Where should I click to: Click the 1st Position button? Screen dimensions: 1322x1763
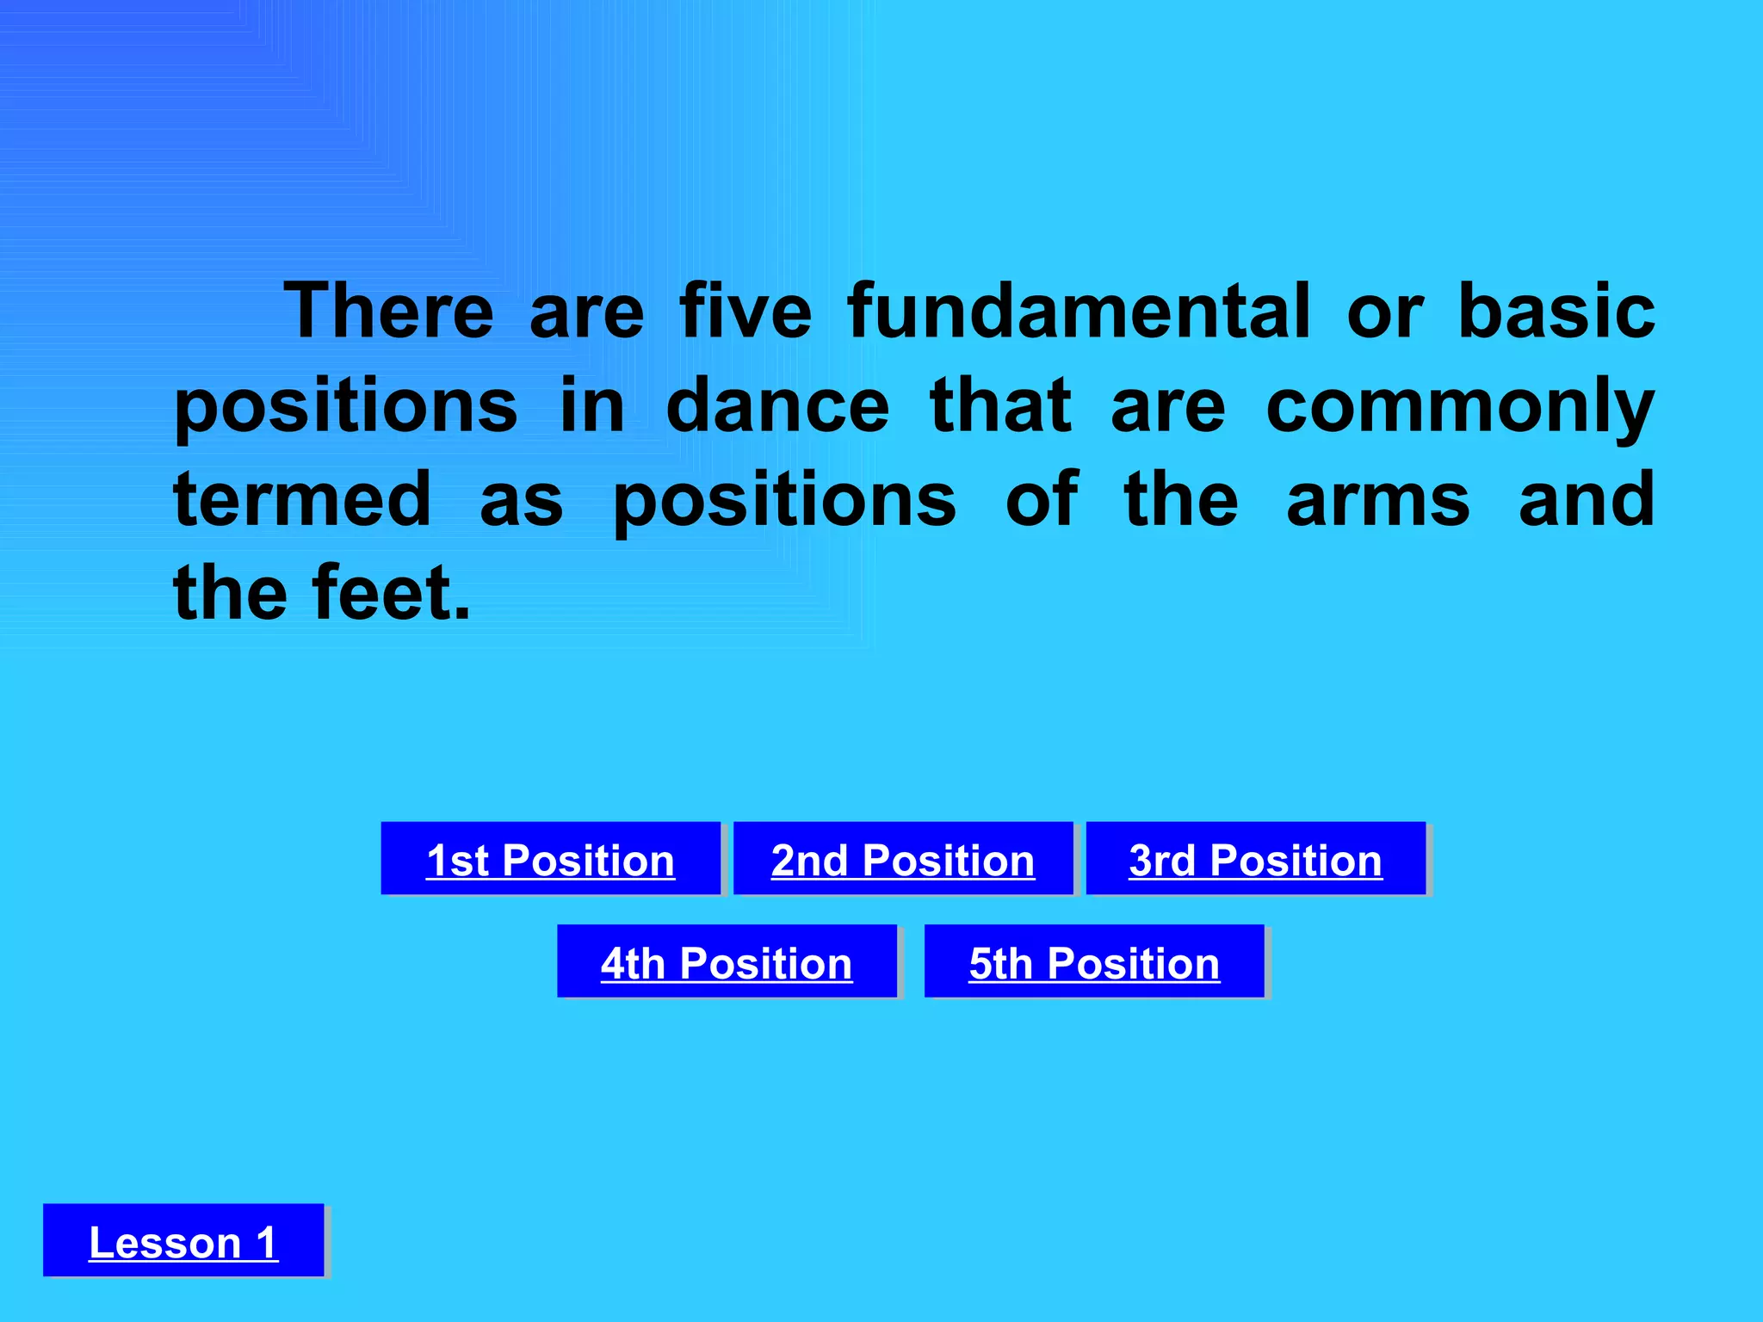tap(550, 859)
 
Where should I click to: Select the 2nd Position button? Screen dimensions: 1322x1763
tap(902, 859)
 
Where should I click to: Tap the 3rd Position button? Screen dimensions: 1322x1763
tap(1255, 859)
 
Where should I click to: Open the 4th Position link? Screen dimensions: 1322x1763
tap(726, 962)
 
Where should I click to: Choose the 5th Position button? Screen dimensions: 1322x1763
tap(1093, 962)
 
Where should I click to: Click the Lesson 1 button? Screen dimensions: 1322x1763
tap(183, 1241)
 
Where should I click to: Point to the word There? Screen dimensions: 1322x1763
tap(389, 312)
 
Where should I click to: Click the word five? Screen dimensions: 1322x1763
tap(745, 312)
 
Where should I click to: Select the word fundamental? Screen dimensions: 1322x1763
tap(1079, 312)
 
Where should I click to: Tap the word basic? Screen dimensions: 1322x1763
tap(1556, 312)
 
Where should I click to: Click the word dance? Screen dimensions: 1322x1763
tap(777, 406)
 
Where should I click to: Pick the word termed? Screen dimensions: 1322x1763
tap(302, 500)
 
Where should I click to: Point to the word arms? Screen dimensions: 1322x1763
tap(1378, 502)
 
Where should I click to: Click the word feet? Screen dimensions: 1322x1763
tap(393, 593)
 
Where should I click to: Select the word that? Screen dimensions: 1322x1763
tap(1001, 406)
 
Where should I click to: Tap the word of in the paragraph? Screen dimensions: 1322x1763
tap(1042, 500)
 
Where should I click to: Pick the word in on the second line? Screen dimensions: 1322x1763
tap(592, 406)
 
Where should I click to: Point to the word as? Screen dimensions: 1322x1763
tap(521, 502)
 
